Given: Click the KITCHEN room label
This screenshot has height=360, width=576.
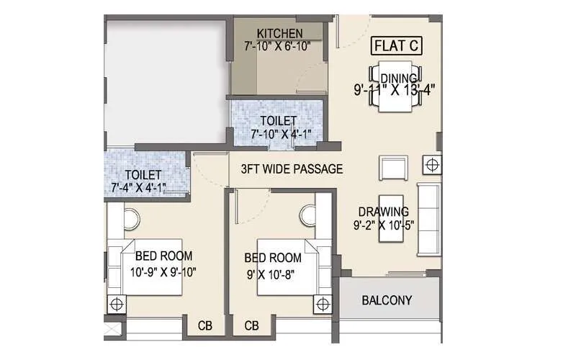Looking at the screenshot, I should [x=279, y=34].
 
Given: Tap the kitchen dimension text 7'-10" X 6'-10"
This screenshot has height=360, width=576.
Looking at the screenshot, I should [x=279, y=47].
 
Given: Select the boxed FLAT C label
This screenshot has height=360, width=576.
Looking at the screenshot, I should [x=396, y=47].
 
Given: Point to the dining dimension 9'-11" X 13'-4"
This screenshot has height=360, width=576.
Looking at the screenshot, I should [x=395, y=91].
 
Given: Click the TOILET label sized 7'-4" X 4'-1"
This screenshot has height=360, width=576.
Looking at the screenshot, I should [x=143, y=175].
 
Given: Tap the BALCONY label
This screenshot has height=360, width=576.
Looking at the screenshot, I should [x=387, y=300].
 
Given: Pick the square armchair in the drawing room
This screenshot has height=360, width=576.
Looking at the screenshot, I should [x=393, y=171].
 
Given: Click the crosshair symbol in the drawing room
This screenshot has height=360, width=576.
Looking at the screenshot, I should [x=431, y=165].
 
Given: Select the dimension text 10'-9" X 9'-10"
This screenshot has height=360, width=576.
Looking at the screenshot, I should [x=162, y=271].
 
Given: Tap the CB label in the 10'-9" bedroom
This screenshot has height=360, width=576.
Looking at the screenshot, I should [x=205, y=326].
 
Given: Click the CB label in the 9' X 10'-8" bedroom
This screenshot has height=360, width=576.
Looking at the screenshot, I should [x=251, y=326].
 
